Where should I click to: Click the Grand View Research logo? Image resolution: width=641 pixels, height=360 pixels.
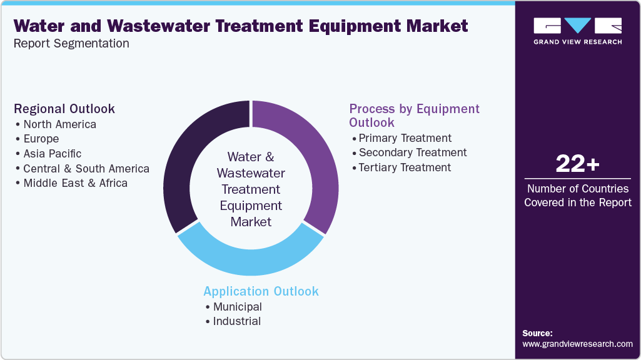[577, 31]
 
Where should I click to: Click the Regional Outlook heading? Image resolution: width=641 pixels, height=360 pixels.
[64, 109]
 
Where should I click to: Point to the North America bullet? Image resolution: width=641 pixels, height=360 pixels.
[59, 124]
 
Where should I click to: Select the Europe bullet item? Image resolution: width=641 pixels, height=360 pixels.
[41, 139]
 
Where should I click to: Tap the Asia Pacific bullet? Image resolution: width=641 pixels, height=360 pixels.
[52, 154]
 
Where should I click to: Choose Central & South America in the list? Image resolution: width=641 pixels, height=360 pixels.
[86, 169]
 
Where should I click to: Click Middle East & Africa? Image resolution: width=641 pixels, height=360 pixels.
[75, 183]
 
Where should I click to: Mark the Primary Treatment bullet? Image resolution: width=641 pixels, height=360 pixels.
[405, 138]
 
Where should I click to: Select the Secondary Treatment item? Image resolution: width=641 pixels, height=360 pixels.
[413, 152]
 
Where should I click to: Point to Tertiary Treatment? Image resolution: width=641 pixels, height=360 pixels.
[405, 167]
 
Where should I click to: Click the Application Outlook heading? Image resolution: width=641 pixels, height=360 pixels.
[261, 291]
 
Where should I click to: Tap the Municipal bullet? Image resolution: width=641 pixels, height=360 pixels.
[237, 307]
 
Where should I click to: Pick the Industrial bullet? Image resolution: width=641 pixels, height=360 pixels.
[236, 321]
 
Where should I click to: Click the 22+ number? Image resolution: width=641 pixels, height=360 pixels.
[577, 164]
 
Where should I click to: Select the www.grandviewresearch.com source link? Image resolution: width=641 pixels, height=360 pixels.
[577, 344]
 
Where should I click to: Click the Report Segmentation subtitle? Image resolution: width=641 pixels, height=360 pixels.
[71, 44]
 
